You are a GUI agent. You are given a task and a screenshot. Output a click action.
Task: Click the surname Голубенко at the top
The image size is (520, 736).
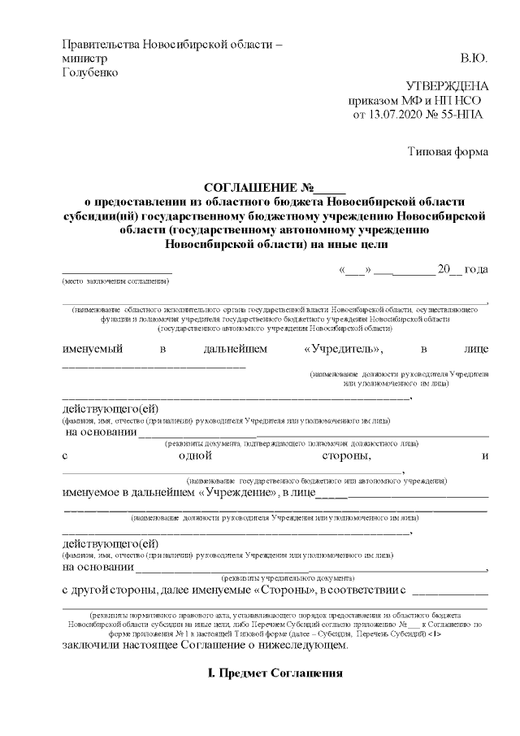(x=90, y=72)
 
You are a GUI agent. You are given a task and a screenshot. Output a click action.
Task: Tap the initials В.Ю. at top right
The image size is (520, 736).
(x=474, y=59)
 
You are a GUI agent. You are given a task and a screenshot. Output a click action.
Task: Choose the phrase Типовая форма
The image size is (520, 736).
(x=448, y=151)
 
